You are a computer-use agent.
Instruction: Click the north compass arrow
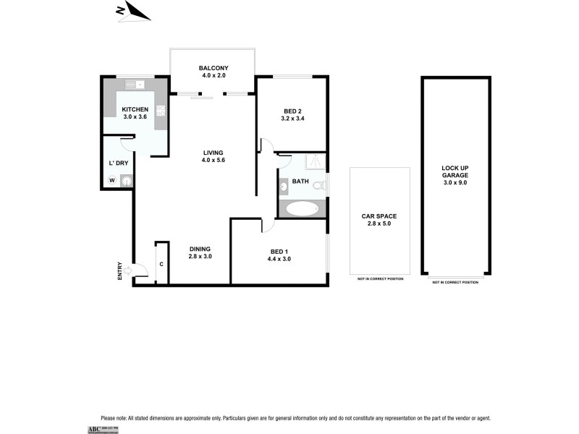click(133, 12)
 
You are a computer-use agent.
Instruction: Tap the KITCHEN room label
click(135, 109)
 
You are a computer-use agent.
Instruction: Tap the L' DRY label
click(117, 163)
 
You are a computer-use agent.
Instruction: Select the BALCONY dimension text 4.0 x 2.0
click(213, 75)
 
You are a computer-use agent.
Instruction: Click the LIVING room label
click(213, 153)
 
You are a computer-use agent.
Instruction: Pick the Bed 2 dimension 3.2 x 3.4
click(292, 119)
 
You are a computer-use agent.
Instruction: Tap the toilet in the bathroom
click(318, 187)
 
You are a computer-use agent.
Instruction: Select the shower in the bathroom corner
click(314, 163)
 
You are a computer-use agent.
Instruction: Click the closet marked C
click(161, 263)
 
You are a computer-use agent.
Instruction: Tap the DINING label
click(200, 248)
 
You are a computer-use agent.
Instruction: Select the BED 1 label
click(279, 250)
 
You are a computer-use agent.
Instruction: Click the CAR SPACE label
click(379, 216)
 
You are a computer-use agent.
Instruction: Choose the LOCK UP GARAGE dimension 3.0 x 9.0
click(455, 184)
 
